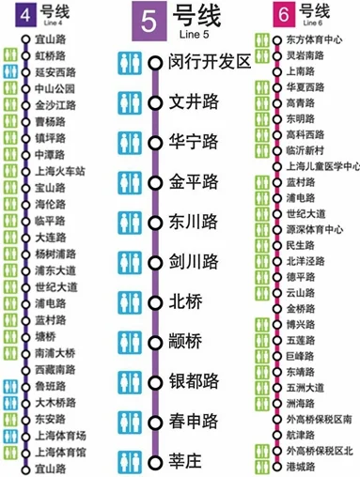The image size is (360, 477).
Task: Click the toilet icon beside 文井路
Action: click(x=130, y=101)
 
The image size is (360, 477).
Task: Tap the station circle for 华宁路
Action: click(x=155, y=142)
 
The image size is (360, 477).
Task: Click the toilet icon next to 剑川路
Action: click(x=130, y=261)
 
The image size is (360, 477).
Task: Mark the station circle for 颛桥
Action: click(x=155, y=342)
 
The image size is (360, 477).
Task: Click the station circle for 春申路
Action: click(x=155, y=422)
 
